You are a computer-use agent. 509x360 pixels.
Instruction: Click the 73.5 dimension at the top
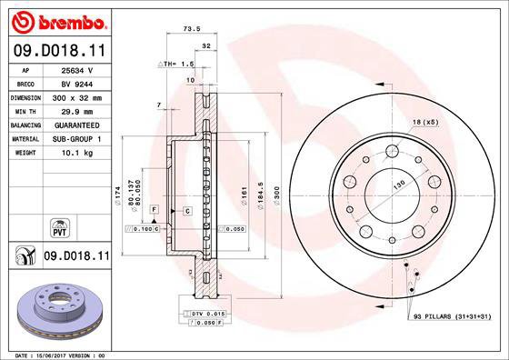coord(193,28)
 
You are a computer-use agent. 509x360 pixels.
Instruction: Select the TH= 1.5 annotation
coord(178,65)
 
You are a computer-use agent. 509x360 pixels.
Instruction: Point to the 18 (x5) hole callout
coord(426,122)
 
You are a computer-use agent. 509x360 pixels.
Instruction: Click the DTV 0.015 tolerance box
coord(203,314)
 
